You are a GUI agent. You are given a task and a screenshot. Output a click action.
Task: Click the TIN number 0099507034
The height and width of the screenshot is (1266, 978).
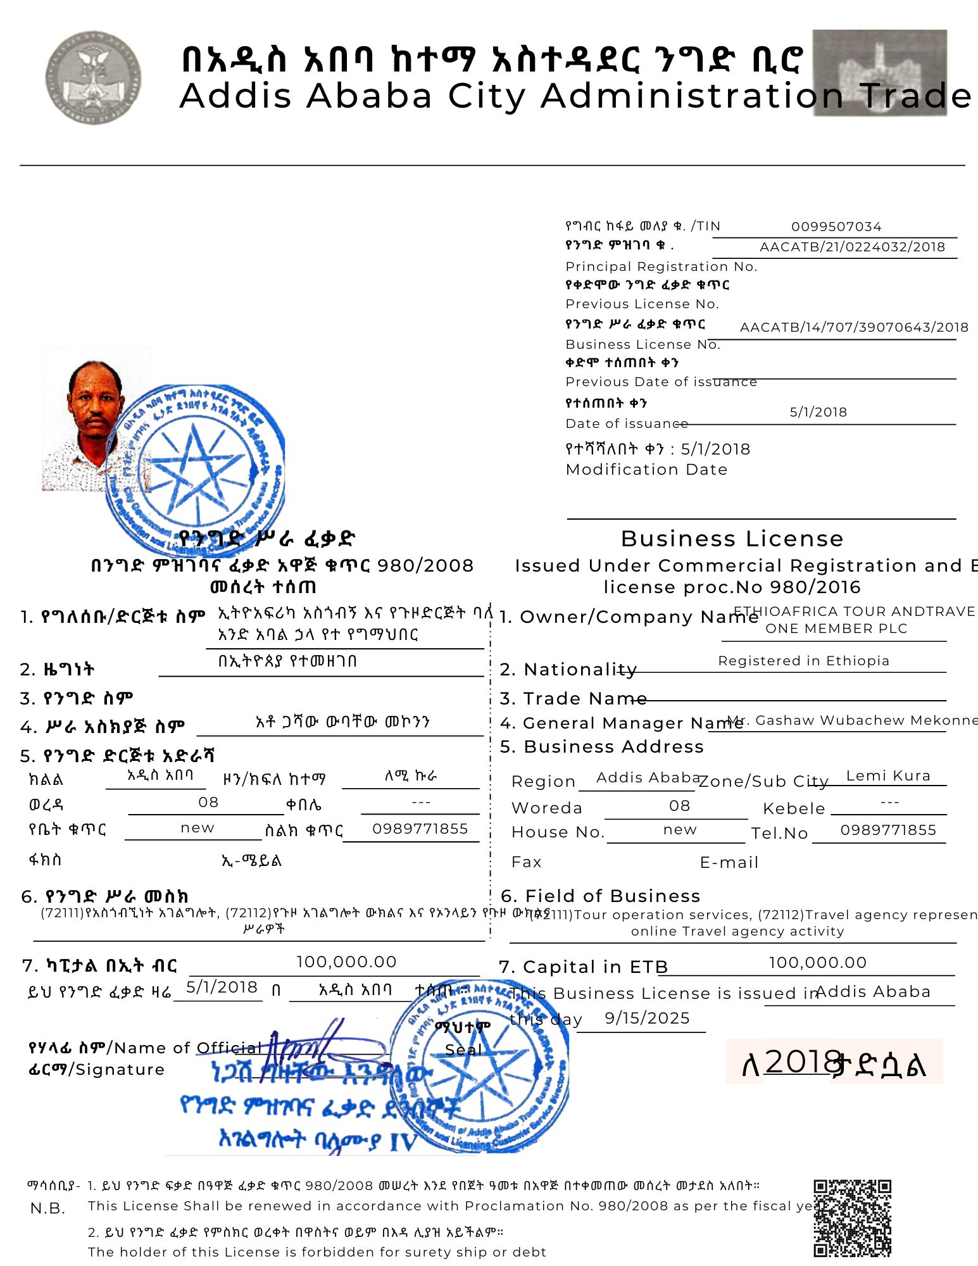pyautogui.click(x=836, y=227)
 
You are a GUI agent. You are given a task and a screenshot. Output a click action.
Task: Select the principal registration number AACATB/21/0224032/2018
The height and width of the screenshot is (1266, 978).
pyautogui.click(x=852, y=247)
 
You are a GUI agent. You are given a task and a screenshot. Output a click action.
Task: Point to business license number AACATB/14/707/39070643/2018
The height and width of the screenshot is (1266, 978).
pyautogui.click(x=854, y=327)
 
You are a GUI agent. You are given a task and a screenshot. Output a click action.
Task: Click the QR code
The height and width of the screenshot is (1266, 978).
pyautogui.click(x=852, y=1219)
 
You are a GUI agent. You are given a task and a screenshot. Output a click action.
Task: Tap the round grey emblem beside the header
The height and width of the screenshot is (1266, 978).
pyautogui.click(x=93, y=77)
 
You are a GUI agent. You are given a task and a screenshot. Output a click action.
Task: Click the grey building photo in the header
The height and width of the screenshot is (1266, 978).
pyautogui.click(x=879, y=72)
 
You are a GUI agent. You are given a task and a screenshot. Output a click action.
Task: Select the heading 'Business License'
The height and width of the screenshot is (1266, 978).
pyautogui.click(x=732, y=539)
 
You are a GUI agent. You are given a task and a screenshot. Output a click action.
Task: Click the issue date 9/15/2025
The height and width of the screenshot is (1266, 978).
pyautogui.click(x=647, y=1018)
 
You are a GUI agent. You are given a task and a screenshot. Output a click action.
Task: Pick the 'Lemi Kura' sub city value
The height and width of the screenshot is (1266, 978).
pyautogui.click(x=888, y=776)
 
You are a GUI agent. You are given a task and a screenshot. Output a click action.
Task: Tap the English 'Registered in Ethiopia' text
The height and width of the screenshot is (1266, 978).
pyautogui.click(x=803, y=661)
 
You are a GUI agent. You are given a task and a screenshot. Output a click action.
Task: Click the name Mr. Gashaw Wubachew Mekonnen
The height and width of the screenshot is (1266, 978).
pyautogui.click(x=852, y=720)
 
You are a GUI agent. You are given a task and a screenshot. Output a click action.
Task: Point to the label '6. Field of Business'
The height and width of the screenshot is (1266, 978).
pyautogui.click(x=600, y=896)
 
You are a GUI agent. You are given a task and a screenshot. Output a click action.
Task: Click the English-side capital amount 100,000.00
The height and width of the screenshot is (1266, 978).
pyautogui.click(x=817, y=963)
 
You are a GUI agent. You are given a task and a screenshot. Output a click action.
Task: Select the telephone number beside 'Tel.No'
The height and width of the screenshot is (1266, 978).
pyautogui.click(x=887, y=830)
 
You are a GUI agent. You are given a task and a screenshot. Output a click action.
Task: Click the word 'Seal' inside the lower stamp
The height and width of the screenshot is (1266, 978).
pyautogui.click(x=463, y=1050)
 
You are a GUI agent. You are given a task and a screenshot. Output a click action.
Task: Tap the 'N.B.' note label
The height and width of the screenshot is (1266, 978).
pyautogui.click(x=47, y=1208)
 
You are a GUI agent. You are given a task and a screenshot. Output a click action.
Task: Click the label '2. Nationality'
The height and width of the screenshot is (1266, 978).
pyautogui.click(x=568, y=670)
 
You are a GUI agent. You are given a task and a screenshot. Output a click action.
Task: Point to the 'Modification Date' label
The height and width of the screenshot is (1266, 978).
pyautogui.click(x=646, y=470)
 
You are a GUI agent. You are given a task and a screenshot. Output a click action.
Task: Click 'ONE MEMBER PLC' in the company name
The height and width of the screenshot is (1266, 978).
pyautogui.click(x=836, y=629)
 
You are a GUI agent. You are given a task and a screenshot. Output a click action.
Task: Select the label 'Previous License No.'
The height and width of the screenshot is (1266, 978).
pyautogui.click(x=642, y=304)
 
